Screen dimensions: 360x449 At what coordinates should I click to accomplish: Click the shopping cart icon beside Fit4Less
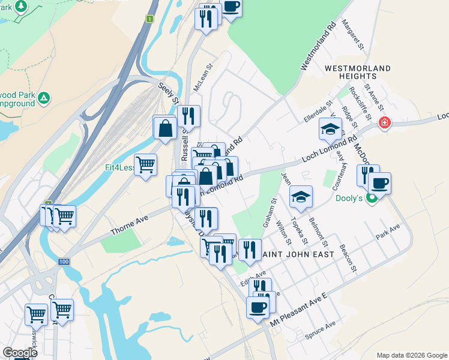145,164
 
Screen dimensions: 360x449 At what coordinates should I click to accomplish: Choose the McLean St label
203,79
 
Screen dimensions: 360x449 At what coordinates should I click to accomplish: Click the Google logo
20,353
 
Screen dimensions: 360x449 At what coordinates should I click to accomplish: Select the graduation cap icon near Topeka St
301,196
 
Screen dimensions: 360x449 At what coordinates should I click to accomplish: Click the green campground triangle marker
43,97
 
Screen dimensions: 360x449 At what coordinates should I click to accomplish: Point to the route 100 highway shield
64,262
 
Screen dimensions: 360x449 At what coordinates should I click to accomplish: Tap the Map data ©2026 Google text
412,355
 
